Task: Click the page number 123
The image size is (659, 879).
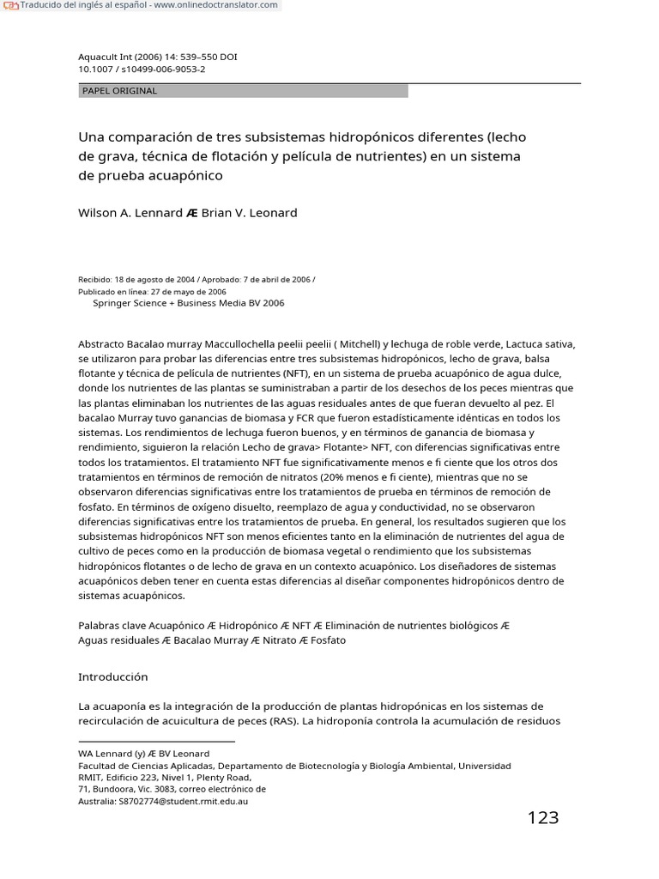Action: pyautogui.click(x=542, y=817)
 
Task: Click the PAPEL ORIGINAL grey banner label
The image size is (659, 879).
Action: pyautogui.click(x=119, y=91)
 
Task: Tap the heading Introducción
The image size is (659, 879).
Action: pyautogui.click(x=112, y=676)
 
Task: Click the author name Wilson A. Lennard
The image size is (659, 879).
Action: pyautogui.click(x=130, y=212)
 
